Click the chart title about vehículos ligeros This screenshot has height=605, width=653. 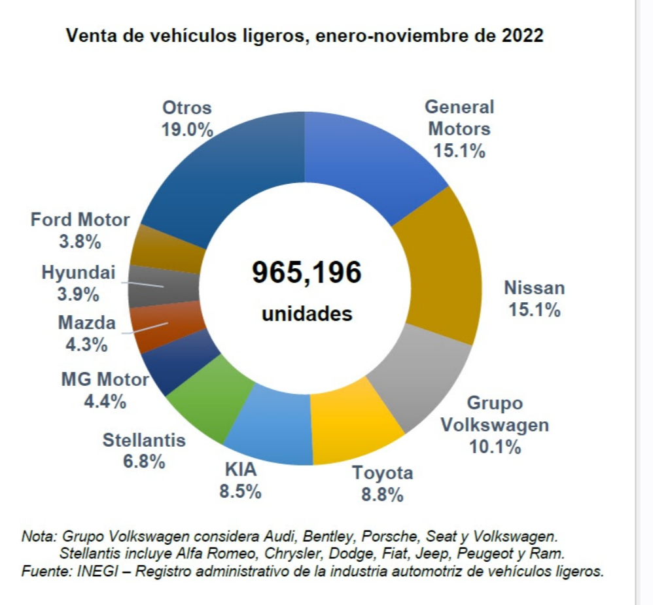click(x=305, y=36)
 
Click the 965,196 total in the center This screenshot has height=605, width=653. click(x=306, y=272)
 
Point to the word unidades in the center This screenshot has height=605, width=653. click(x=307, y=313)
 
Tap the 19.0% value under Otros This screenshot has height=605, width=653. click(x=187, y=130)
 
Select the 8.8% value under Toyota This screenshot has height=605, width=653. click(x=382, y=494)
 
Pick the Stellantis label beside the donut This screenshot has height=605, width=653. click(x=144, y=440)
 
